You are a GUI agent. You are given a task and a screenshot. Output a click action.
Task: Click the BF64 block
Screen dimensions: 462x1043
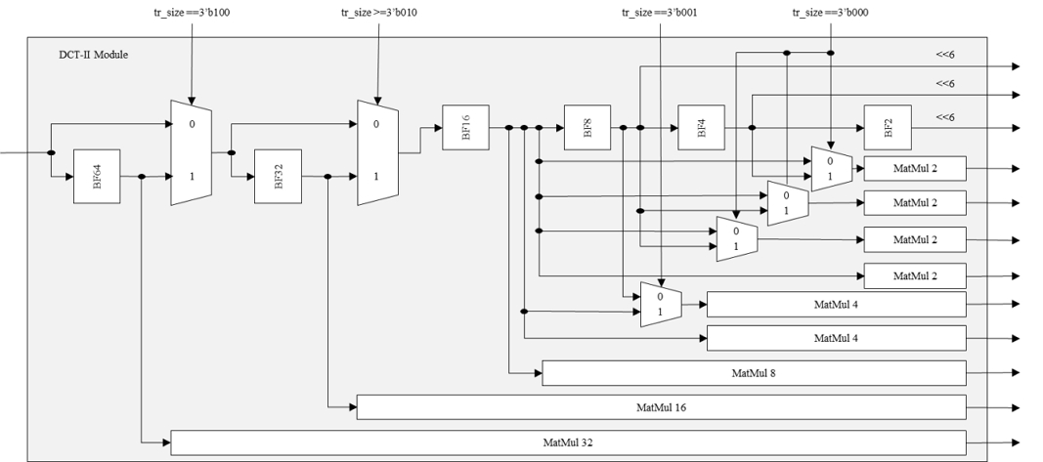click(97, 178)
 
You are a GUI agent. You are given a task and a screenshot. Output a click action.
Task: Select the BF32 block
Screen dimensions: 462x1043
click(278, 177)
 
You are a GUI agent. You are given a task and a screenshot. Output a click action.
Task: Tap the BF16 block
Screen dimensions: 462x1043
click(465, 127)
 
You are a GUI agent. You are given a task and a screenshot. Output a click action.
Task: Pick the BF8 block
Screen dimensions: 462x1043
click(587, 128)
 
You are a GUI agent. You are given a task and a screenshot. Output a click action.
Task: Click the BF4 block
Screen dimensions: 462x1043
click(702, 128)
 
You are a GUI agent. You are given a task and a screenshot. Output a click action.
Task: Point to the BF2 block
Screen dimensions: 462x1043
click(888, 128)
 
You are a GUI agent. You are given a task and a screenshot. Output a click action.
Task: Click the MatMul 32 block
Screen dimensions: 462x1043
click(568, 442)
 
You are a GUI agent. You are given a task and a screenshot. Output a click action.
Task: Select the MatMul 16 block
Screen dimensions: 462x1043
click(661, 406)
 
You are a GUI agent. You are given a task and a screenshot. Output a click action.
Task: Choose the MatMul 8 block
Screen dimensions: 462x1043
click(754, 373)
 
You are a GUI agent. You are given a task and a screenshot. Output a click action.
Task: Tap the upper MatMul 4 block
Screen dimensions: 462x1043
click(836, 304)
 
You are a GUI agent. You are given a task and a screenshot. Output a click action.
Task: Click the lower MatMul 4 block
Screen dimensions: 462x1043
click(836, 338)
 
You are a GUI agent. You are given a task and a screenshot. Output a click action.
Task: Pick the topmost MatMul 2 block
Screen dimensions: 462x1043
click(914, 168)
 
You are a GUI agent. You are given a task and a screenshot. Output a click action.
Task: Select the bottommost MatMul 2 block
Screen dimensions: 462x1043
click(914, 276)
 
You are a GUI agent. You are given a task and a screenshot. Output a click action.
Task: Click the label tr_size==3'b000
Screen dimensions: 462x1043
click(829, 13)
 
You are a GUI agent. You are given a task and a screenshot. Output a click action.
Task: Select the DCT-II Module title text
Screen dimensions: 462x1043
click(94, 55)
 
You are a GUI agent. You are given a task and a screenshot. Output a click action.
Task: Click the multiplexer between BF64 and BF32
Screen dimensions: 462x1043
click(191, 151)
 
